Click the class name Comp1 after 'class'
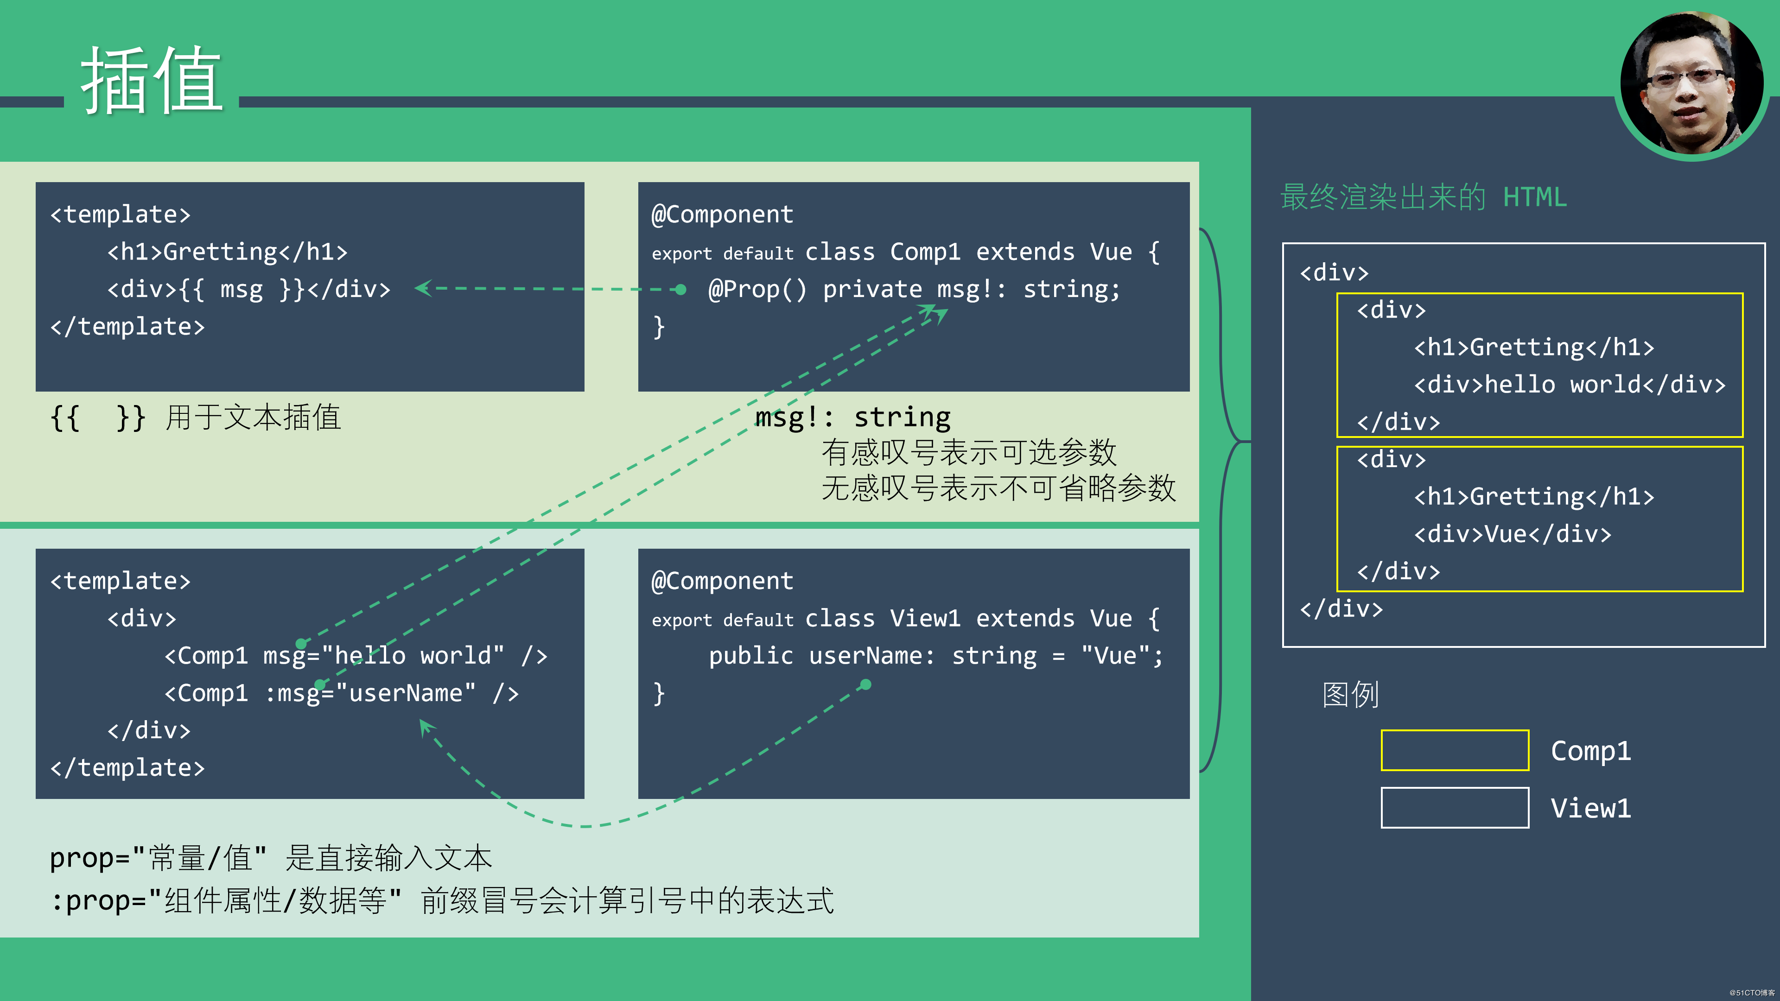point(925,252)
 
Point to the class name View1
point(925,618)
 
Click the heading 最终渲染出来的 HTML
point(1424,197)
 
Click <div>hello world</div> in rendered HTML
point(1569,385)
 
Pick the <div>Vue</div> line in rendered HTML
point(1512,534)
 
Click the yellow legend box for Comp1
point(1455,750)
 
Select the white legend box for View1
point(1455,808)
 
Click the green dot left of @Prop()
point(680,290)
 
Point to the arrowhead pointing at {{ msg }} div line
point(422,288)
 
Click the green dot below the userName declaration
point(866,684)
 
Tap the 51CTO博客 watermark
point(1752,993)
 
